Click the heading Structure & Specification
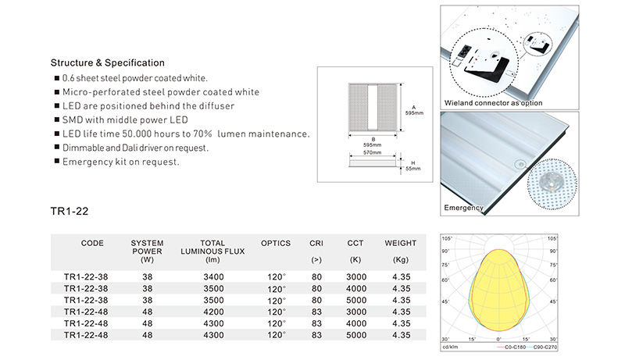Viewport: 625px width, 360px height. click(107, 63)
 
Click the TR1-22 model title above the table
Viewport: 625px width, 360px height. click(70, 211)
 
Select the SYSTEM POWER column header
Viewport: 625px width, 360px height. click(147, 251)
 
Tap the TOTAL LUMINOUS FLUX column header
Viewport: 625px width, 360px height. click(212, 251)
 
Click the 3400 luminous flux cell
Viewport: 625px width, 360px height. click(213, 276)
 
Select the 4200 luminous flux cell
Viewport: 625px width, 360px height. click(213, 312)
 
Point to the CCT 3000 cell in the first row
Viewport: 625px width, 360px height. click(356, 276)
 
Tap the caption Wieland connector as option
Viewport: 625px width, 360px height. click(494, 103)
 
